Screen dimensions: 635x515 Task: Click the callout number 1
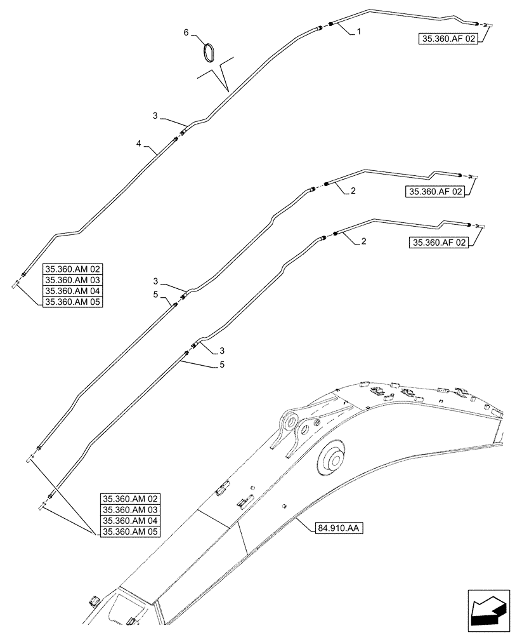pos(359,32)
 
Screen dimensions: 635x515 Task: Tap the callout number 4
pos(138,144)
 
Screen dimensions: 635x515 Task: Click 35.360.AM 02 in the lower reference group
pos(131,498)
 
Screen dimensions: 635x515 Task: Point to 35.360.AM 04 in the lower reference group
pos(131,521)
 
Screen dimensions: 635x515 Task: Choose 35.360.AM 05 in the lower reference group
pos(131,532)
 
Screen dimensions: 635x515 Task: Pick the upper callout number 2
pos(353,190)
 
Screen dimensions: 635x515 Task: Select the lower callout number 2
pos(363,241)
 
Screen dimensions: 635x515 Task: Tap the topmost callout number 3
pos(155,116)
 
